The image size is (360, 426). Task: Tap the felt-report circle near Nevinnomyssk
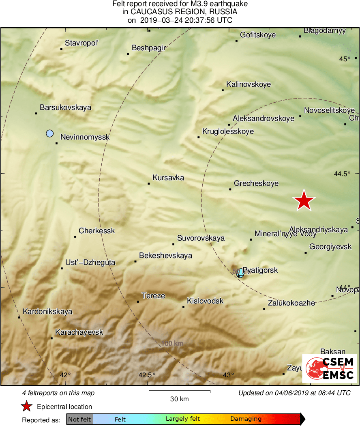50,133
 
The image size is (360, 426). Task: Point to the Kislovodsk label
205,301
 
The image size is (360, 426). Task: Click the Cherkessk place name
96,231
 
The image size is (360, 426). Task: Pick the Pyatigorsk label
260,270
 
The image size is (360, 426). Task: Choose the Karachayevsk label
79,332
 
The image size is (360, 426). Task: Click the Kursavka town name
168,178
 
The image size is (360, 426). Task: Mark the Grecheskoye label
256,183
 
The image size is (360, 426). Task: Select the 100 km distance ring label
172,343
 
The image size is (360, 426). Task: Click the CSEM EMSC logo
330,368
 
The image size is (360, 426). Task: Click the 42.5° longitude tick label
147,374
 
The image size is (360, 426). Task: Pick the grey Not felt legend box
79,419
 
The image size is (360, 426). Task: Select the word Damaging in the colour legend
246,419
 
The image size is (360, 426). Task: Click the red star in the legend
27,406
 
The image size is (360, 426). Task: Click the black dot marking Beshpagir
128,54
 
